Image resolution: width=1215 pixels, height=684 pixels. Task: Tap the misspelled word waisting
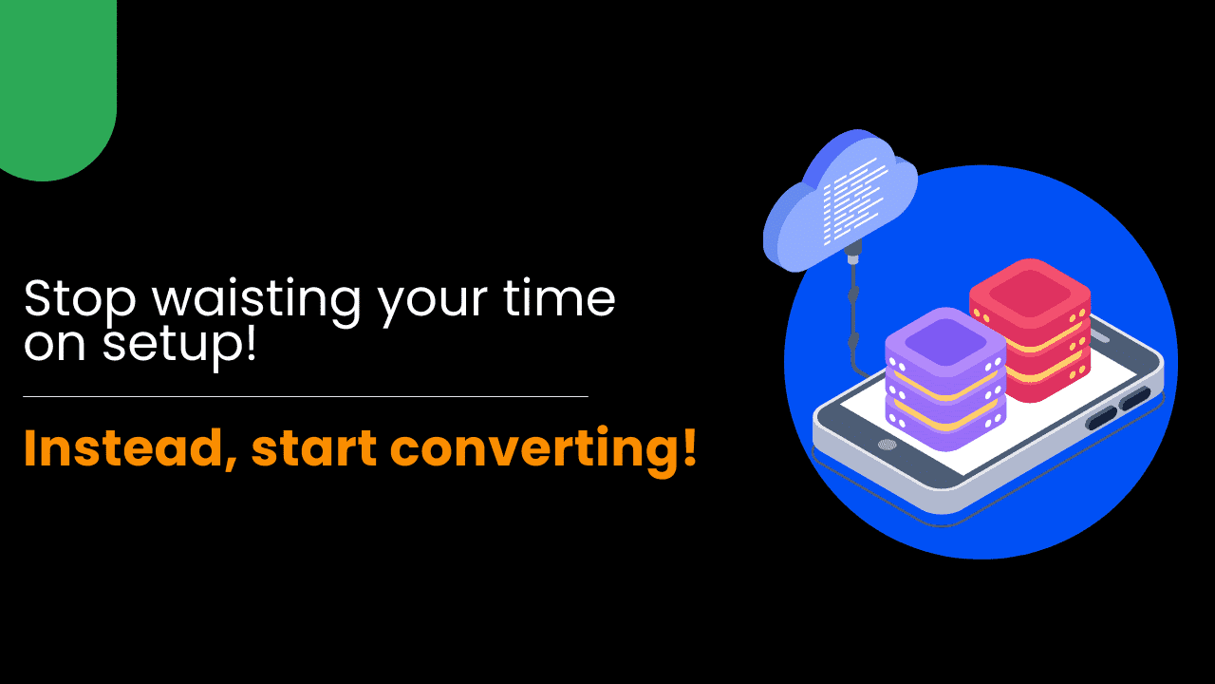(x=255, y=300)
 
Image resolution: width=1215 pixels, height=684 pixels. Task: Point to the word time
(x=559, y=297)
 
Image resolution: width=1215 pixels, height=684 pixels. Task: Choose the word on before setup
(x=54, y=345)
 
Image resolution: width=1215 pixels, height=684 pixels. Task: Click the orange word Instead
(x=130, y=448)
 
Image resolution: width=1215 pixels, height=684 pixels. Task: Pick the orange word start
(x=314, y=449)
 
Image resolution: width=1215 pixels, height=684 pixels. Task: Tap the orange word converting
(x=534, y=450)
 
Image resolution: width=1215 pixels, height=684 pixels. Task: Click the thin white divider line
(x=306, y=397)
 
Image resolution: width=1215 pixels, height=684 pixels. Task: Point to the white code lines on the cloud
(x=854, y=200)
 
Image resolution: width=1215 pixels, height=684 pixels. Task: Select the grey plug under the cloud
(x=852, y=253)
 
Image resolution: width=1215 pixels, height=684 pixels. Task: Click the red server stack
(x=1031, y=330)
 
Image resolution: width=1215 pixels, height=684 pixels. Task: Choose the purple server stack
(x=945, y=379)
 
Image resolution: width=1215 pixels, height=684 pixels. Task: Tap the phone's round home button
(x=887, y=446)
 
